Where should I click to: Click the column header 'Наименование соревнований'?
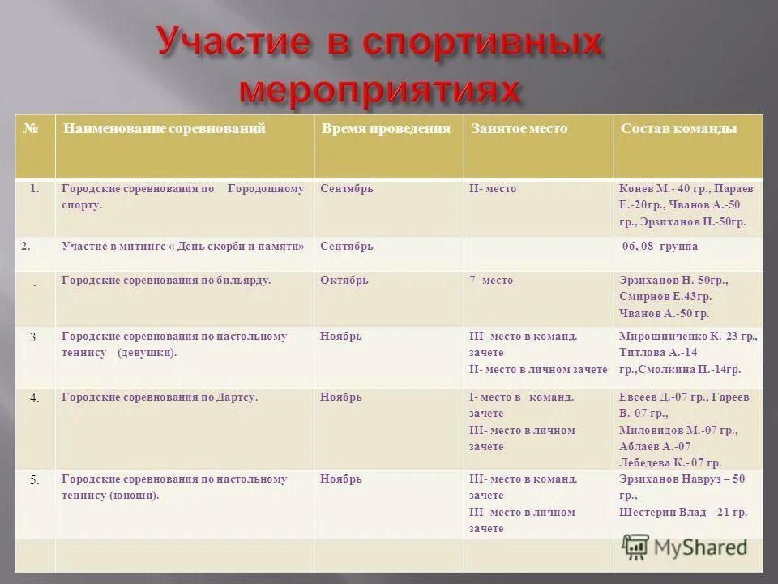[x=165, y=129]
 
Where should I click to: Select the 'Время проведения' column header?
[x=385, y=129]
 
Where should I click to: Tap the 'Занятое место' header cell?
[x=519, y=129]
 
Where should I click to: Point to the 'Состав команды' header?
[x=678, y=129]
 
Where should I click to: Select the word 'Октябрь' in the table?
[x=344, y=280]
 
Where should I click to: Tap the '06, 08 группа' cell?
[x=659, y=246]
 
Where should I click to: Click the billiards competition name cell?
[x=166, y=280]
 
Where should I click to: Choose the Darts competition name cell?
[x=160, y=397]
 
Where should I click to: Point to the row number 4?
[x=35, y=398]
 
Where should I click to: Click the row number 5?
[x=35, y=479]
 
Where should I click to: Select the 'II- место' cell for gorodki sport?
[x=493, y=189]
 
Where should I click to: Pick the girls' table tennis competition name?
[x=174, y=345]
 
